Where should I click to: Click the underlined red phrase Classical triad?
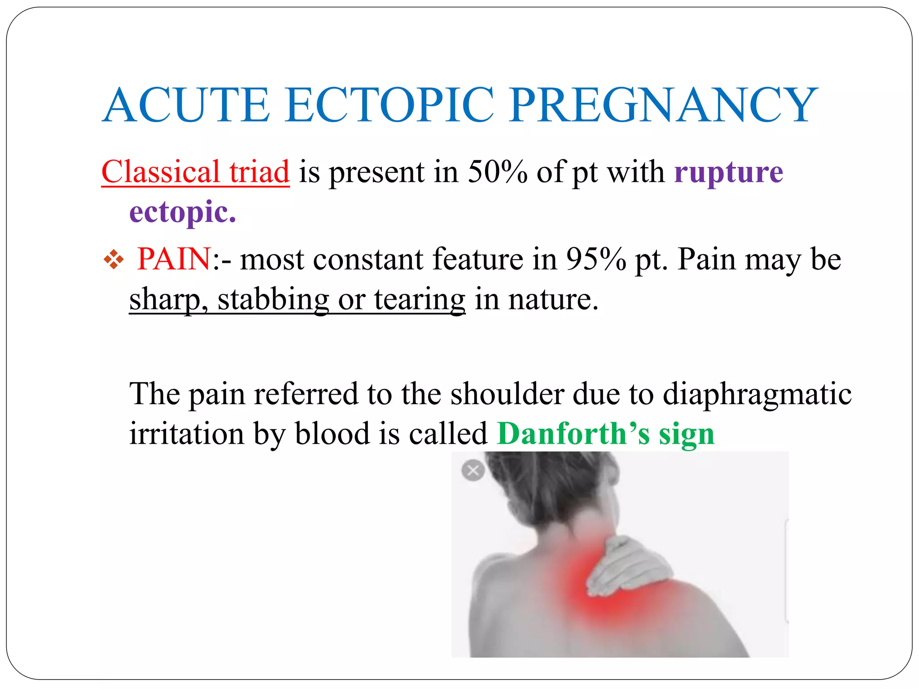[196, 172]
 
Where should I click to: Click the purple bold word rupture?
[728, 172]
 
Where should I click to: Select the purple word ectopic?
[183, 212]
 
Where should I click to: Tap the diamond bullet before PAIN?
[114, 260]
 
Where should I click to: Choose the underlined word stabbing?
[273, 299]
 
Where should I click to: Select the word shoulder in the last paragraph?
[507, 394]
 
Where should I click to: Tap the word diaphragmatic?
[757, 394]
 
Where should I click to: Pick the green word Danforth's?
[573, 434]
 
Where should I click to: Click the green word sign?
[687, 434]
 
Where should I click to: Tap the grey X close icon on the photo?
[473, 471]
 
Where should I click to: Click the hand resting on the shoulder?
[628, 565]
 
